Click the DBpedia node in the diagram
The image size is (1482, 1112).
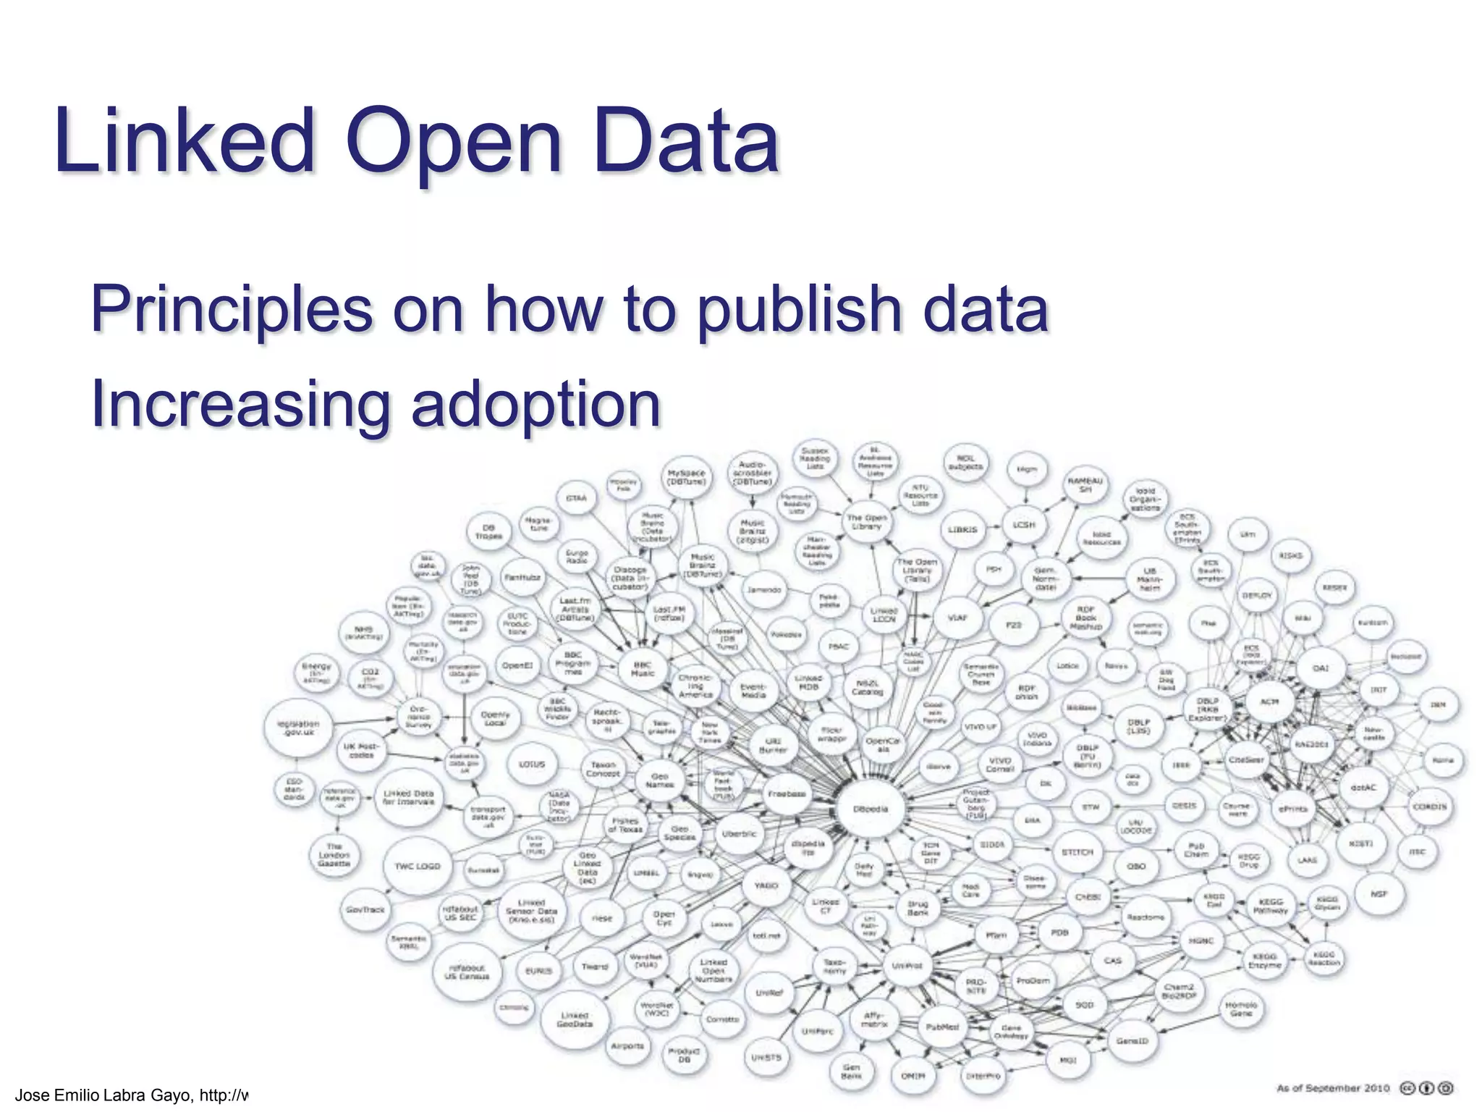tap(871, 809)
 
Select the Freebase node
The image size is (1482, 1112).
tap(787, 794)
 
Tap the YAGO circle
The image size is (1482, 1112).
tap(766, 885)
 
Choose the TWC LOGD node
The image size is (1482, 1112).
tap(418, 867)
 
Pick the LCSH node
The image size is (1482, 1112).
tap(1024, 525)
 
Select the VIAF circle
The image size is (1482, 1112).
tap(957, 618)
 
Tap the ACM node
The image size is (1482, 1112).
tap(1270, 702)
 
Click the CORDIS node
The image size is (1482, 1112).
tap(1430, 806)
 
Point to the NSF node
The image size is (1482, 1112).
tap(1379, 894)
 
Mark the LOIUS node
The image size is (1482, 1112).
tap(532, 764)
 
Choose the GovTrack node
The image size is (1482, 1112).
tap(365, 909)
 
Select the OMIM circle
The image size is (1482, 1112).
tap(913, 1077)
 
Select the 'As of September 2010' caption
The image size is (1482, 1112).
tap(1333, 1088)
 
